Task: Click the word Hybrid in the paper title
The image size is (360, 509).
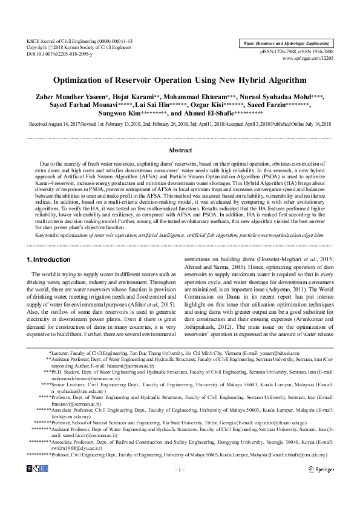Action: (244, 79)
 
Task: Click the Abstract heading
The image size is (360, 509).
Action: (180, 150)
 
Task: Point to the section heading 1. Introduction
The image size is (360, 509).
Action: (49, 259)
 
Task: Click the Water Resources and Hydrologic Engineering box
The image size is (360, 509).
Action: (286, 44)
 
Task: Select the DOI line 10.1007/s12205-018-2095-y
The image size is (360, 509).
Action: (59, 54)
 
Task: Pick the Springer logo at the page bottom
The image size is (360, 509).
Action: (321, 485)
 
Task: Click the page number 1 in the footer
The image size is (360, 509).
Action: (179, 485)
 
